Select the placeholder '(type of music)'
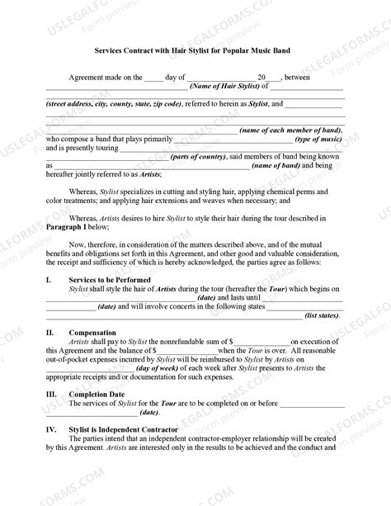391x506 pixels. point(319,140)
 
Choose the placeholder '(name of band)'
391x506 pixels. point(278,165)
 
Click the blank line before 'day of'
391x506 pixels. point(154,75)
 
